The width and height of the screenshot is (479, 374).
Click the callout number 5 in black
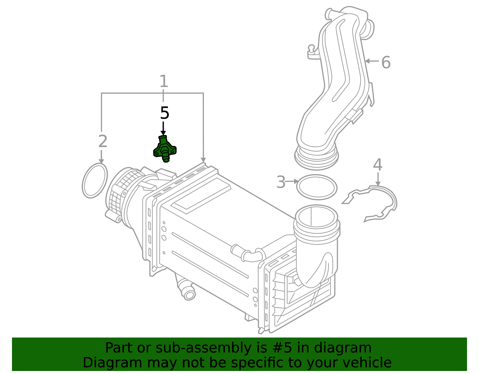(x=164, y=113)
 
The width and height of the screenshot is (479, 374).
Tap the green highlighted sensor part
(x=165, y=149)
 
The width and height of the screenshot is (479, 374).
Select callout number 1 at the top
(x=163, y=81)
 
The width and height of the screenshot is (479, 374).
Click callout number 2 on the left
(x=102, y=141)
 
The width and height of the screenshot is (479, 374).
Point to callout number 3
(x=281, y=182)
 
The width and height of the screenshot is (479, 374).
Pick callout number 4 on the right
(x=378, y=165)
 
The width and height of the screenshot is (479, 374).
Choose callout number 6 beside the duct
(x=386, y=63)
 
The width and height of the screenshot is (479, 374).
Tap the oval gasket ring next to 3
(x=317, y=187)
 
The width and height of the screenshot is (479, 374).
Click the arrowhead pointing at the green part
(x=163, y=133)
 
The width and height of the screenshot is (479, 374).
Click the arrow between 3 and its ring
(x=292, y=181)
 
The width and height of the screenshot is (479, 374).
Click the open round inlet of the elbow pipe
(x=316, y=216)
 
